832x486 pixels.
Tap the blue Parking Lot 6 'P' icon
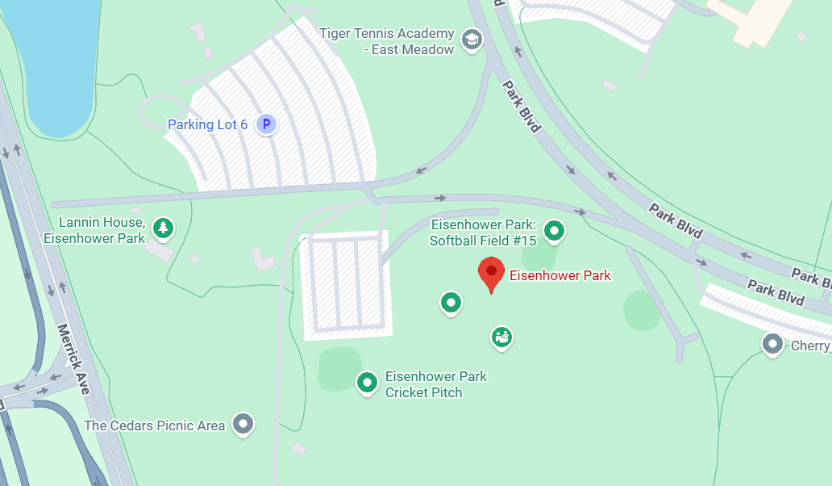tap(266, 124)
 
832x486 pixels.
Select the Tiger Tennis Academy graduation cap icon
tap(471, 38)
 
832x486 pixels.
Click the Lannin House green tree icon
tap(164, 228)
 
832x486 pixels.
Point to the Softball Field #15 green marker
tap(554, 231)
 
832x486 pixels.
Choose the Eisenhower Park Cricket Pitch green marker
tap(368, 382)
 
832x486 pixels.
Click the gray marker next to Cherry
tap(773, 344)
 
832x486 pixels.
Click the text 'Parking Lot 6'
tap(207, 124)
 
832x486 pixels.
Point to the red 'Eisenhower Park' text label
tap(560, 275)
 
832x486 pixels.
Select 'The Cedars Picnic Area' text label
tap(154, 425)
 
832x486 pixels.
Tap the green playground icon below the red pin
tap(501, 337)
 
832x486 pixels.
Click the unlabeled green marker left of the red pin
tap(451, 303)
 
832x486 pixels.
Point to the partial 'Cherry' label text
tap(809, 346)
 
